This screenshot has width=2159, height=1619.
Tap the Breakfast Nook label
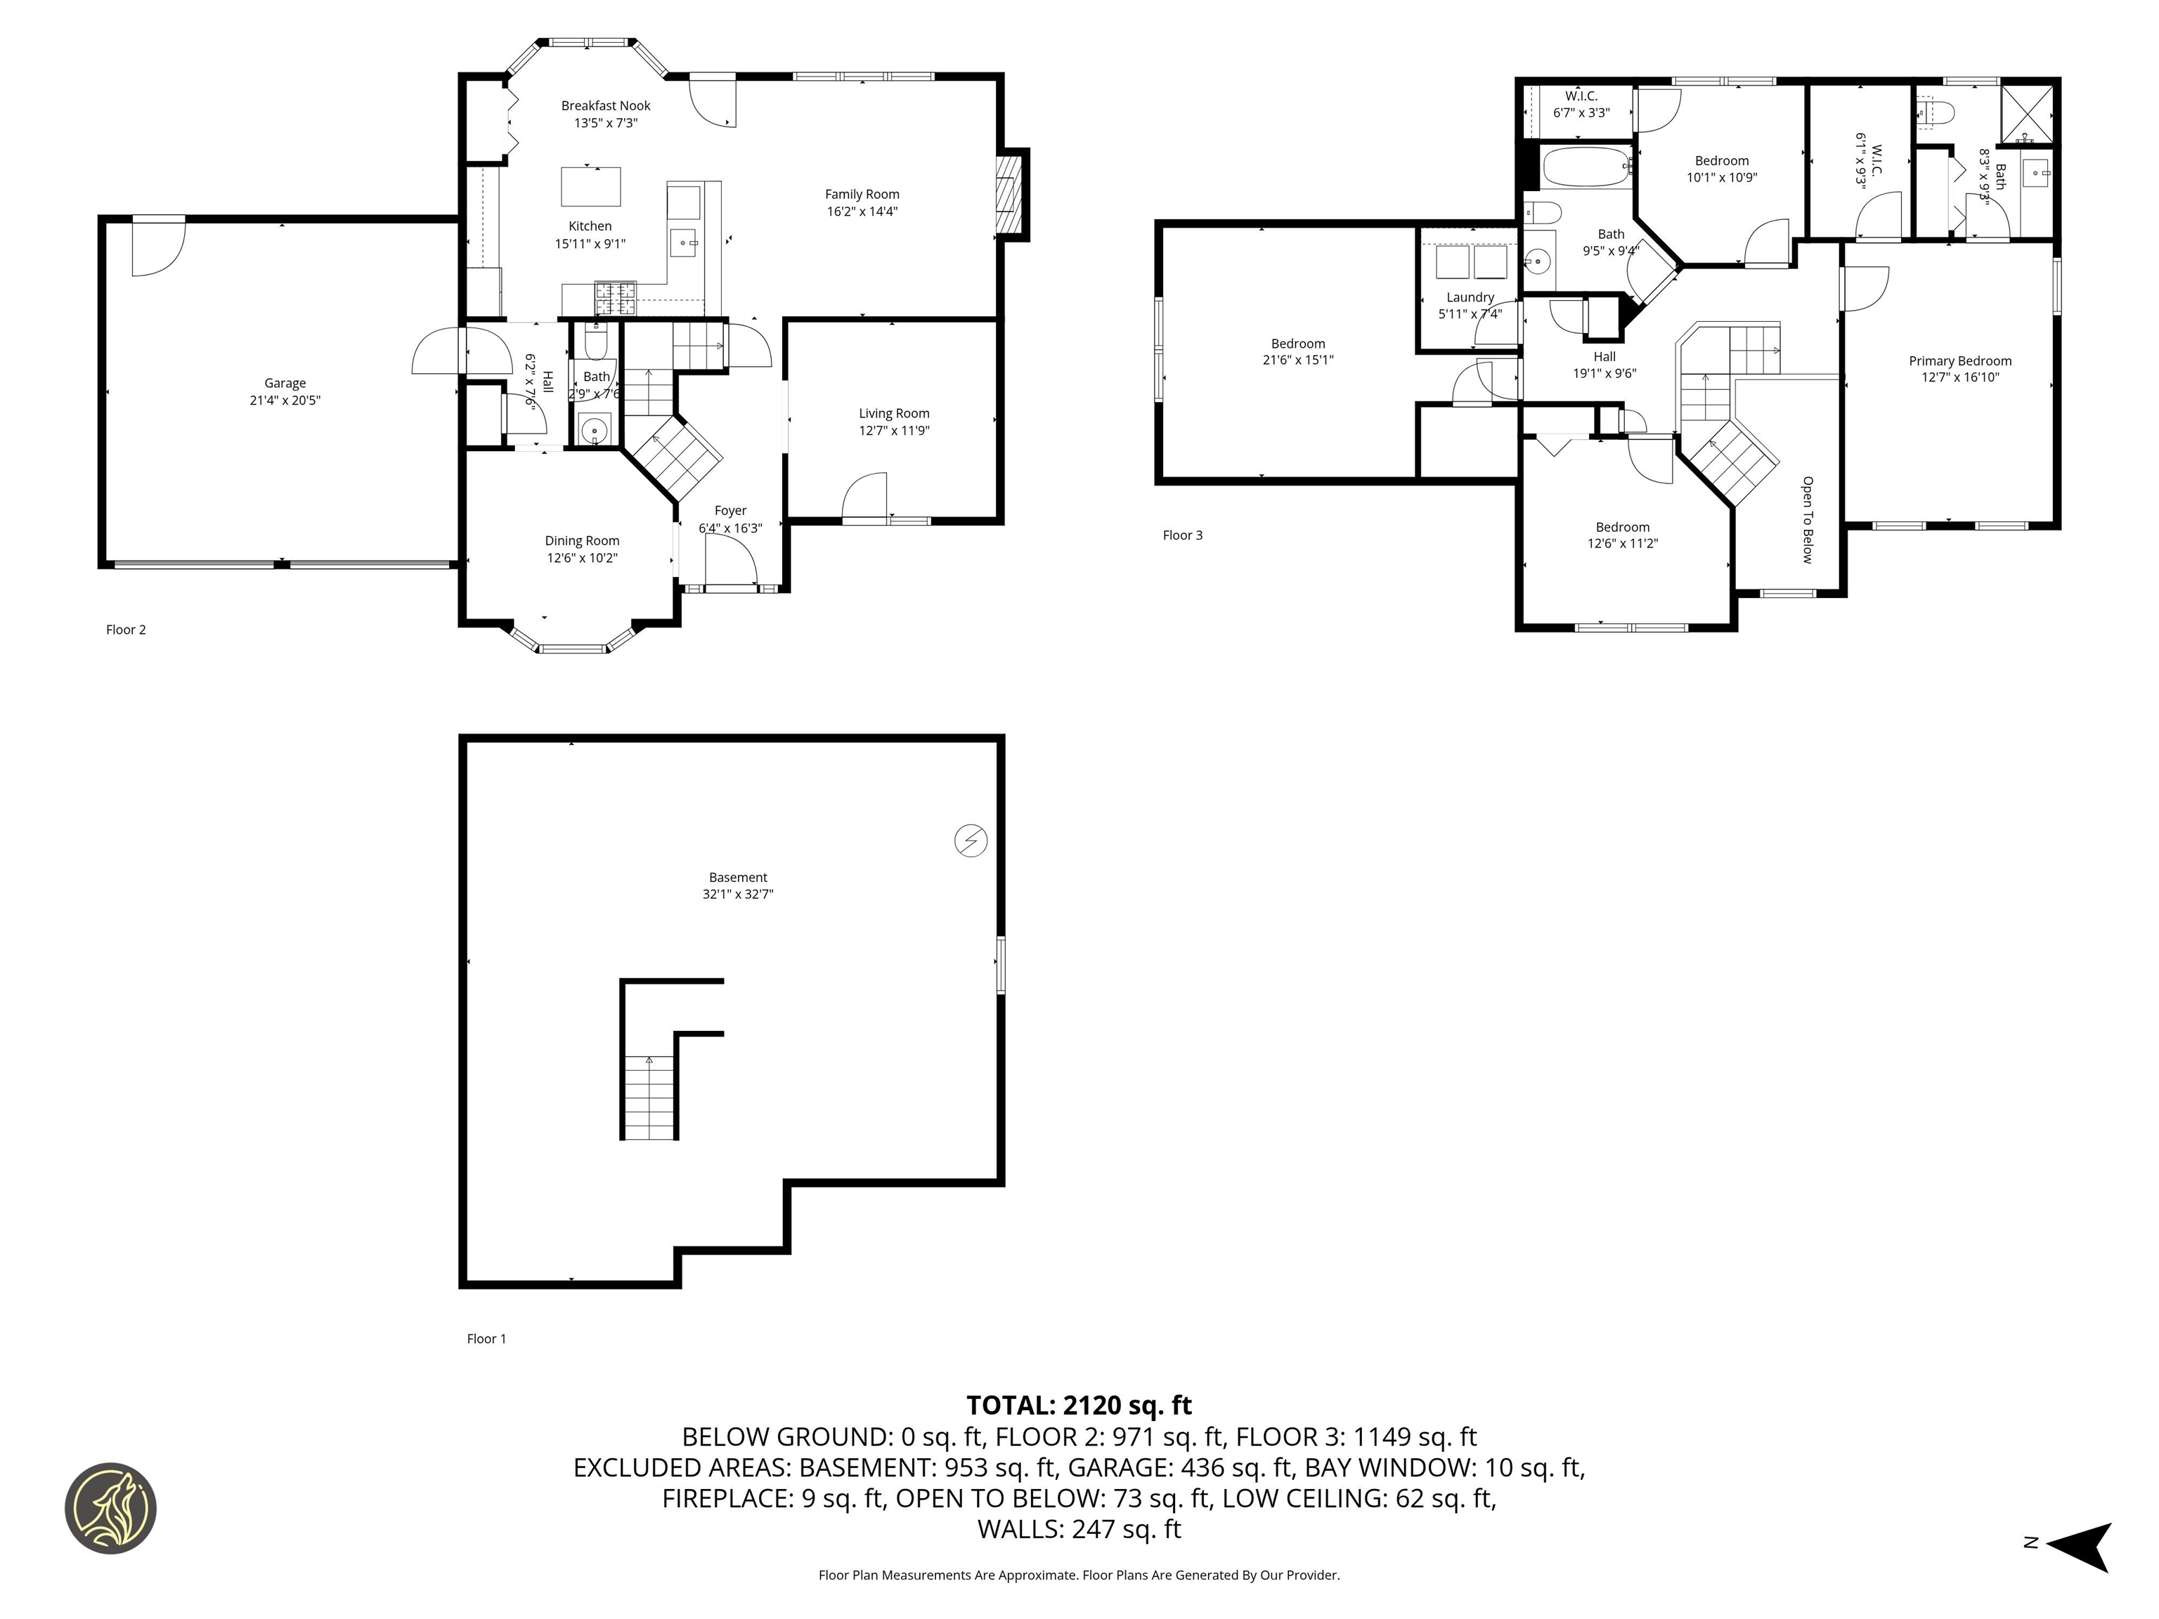pyautogui.click(x=605, y=105)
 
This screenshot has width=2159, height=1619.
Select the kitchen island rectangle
pyautogui.click(x=590, y=186)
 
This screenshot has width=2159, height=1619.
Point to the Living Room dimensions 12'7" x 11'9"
pyautogui.click(x=894, y=430)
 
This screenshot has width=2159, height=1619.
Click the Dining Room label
pyautogui.click(x=582, y=540)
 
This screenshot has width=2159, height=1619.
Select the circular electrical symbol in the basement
pyautogui.click(x=970, y=840)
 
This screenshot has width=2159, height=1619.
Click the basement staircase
pyautogui.click(x=649, y=1098)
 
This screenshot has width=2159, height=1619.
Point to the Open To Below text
pyautogui.click(x=1807, y=519)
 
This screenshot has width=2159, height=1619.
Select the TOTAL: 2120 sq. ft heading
pyautogui.click(x=1079, y=1405)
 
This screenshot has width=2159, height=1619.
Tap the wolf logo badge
pyautogui.click(x=110, y=1508)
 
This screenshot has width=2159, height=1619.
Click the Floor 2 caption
pyautogui.click(x=126, y=630)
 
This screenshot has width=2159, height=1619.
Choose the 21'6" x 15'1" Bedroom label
pyautogui.click(x=1298, y=351)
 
